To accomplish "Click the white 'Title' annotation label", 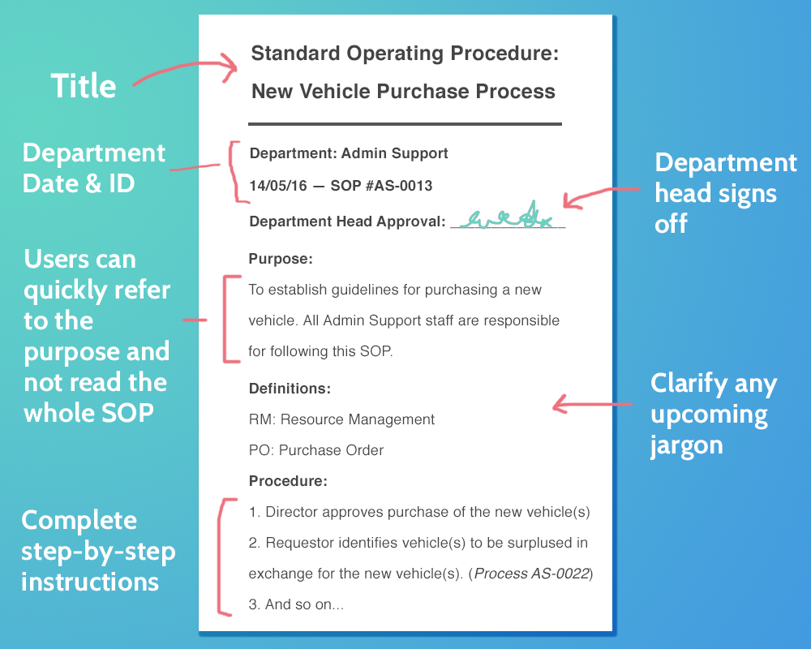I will click(84, 86).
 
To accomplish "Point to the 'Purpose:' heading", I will click(281, 259).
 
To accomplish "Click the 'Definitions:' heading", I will click(290, 389).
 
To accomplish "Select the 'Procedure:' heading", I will click(288, 481).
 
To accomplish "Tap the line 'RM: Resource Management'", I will click(341, 419).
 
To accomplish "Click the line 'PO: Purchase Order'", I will click(316, 450).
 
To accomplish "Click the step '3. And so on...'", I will click(297, 604).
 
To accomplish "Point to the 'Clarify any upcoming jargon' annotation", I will click(713, 414).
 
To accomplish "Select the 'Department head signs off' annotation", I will click(725, 193).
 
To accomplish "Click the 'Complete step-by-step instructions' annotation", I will click(97, 551).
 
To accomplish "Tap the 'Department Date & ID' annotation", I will click(93, 168).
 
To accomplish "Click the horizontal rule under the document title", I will click(405, 124).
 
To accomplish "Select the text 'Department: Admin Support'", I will click(349, 153).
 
